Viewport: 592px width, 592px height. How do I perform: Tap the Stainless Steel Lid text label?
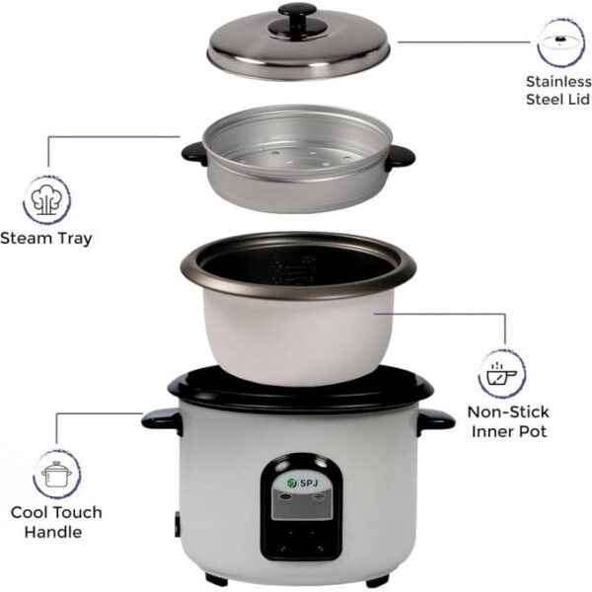tap(557, 91)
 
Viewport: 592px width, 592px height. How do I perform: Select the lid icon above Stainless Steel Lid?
tap(559, 42)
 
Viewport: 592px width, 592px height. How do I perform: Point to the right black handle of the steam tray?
tap(402, 156)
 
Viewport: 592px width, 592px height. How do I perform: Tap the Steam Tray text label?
tap(46, 238)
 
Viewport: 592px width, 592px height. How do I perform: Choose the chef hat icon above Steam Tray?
tap(46, 197)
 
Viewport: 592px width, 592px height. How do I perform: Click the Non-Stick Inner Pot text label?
tap(508, 421)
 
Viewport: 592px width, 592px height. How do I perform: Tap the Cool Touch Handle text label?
tap(56, 522)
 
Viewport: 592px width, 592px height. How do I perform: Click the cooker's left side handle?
tap(159, 418)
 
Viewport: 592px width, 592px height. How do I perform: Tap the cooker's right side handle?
tap(434, 419)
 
